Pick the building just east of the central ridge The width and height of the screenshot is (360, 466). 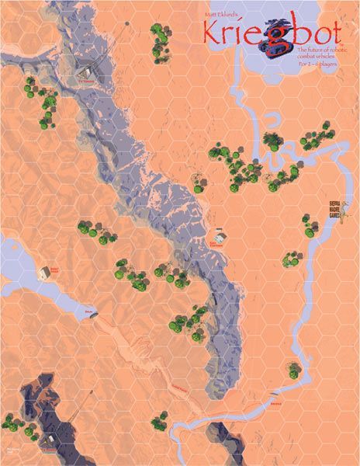[220, 236]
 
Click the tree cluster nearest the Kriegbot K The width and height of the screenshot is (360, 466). [161, 40]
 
